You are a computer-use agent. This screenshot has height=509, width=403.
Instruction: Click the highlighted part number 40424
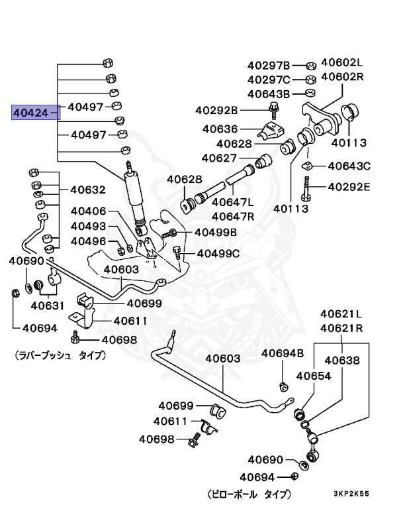pyautogui.click(x=32, y=113)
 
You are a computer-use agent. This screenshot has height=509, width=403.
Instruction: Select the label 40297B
pyautogui.click(x=269, y=65)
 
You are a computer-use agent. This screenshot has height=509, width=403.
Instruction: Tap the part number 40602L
pyautogui.click(x=343, y=63)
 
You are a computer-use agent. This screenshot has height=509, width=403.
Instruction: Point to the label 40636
pyautogui.click(x=220, y=129)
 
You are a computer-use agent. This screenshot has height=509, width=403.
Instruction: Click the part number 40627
pyautogui.click(x=219, y=158)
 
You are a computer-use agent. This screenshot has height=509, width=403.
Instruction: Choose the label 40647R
pyautogui.click(x=233, y=215)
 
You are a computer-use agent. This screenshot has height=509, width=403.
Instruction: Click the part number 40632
pyautogui.click(x=87, y=190)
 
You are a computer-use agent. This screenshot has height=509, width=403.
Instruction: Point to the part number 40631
pyautogui.click(x=46, y=306)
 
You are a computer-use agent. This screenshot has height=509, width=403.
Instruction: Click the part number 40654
pyautogui.click(x=313, y=375)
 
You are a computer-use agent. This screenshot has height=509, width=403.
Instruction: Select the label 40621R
pyautogui.click(x=342, y=327)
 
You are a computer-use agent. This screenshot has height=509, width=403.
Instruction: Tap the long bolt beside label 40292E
pyautogui.click(x=305, y=188)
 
